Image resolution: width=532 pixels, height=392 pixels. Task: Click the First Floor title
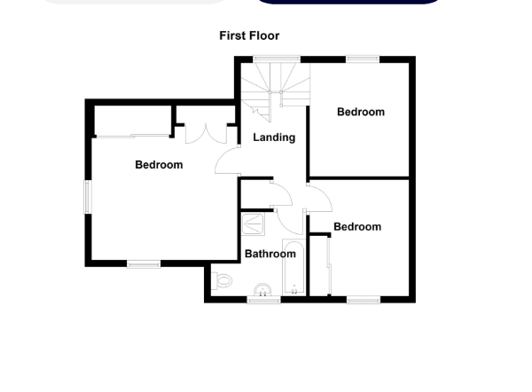pyautogui.click(x=249, y=35)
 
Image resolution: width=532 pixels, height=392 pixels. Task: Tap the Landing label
pyautogui.click(x=274, y=137)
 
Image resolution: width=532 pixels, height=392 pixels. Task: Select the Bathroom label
pyautogui.click(x=270, y=254)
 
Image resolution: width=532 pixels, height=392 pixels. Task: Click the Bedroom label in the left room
pyautogui.click(x=159, y=165)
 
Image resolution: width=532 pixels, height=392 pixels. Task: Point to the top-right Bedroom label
pyautogui.click(x=361, y=112)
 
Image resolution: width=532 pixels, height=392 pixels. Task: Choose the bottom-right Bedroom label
pyautogui.click(x=357, y=227)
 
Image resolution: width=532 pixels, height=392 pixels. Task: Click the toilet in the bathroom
pyautogui.click(x=222, y=281)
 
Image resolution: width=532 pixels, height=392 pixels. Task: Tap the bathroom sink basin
pyautogui.click(x=262, y=289)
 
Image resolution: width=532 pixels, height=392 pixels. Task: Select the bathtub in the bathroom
pyautogui.click(x=293, y=266)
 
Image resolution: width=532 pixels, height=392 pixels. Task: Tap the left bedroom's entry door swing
pyautogui.click(x=228, y=161)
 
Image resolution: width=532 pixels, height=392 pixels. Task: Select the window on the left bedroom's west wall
pyautogui.click(x=88, y=197)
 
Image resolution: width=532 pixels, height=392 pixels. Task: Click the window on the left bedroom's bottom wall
pyautogui.click(x=144, y=263)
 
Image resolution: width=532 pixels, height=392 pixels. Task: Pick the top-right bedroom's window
pyautogui.click(x=362, y=59)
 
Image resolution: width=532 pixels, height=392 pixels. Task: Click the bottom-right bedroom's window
pyautogui.click(x=362, y=300)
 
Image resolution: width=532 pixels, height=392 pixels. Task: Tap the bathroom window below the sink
pyautogui.click(x=263, y=300)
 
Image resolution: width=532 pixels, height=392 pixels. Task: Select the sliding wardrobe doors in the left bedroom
pyautogui.click(x=133, y=136)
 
